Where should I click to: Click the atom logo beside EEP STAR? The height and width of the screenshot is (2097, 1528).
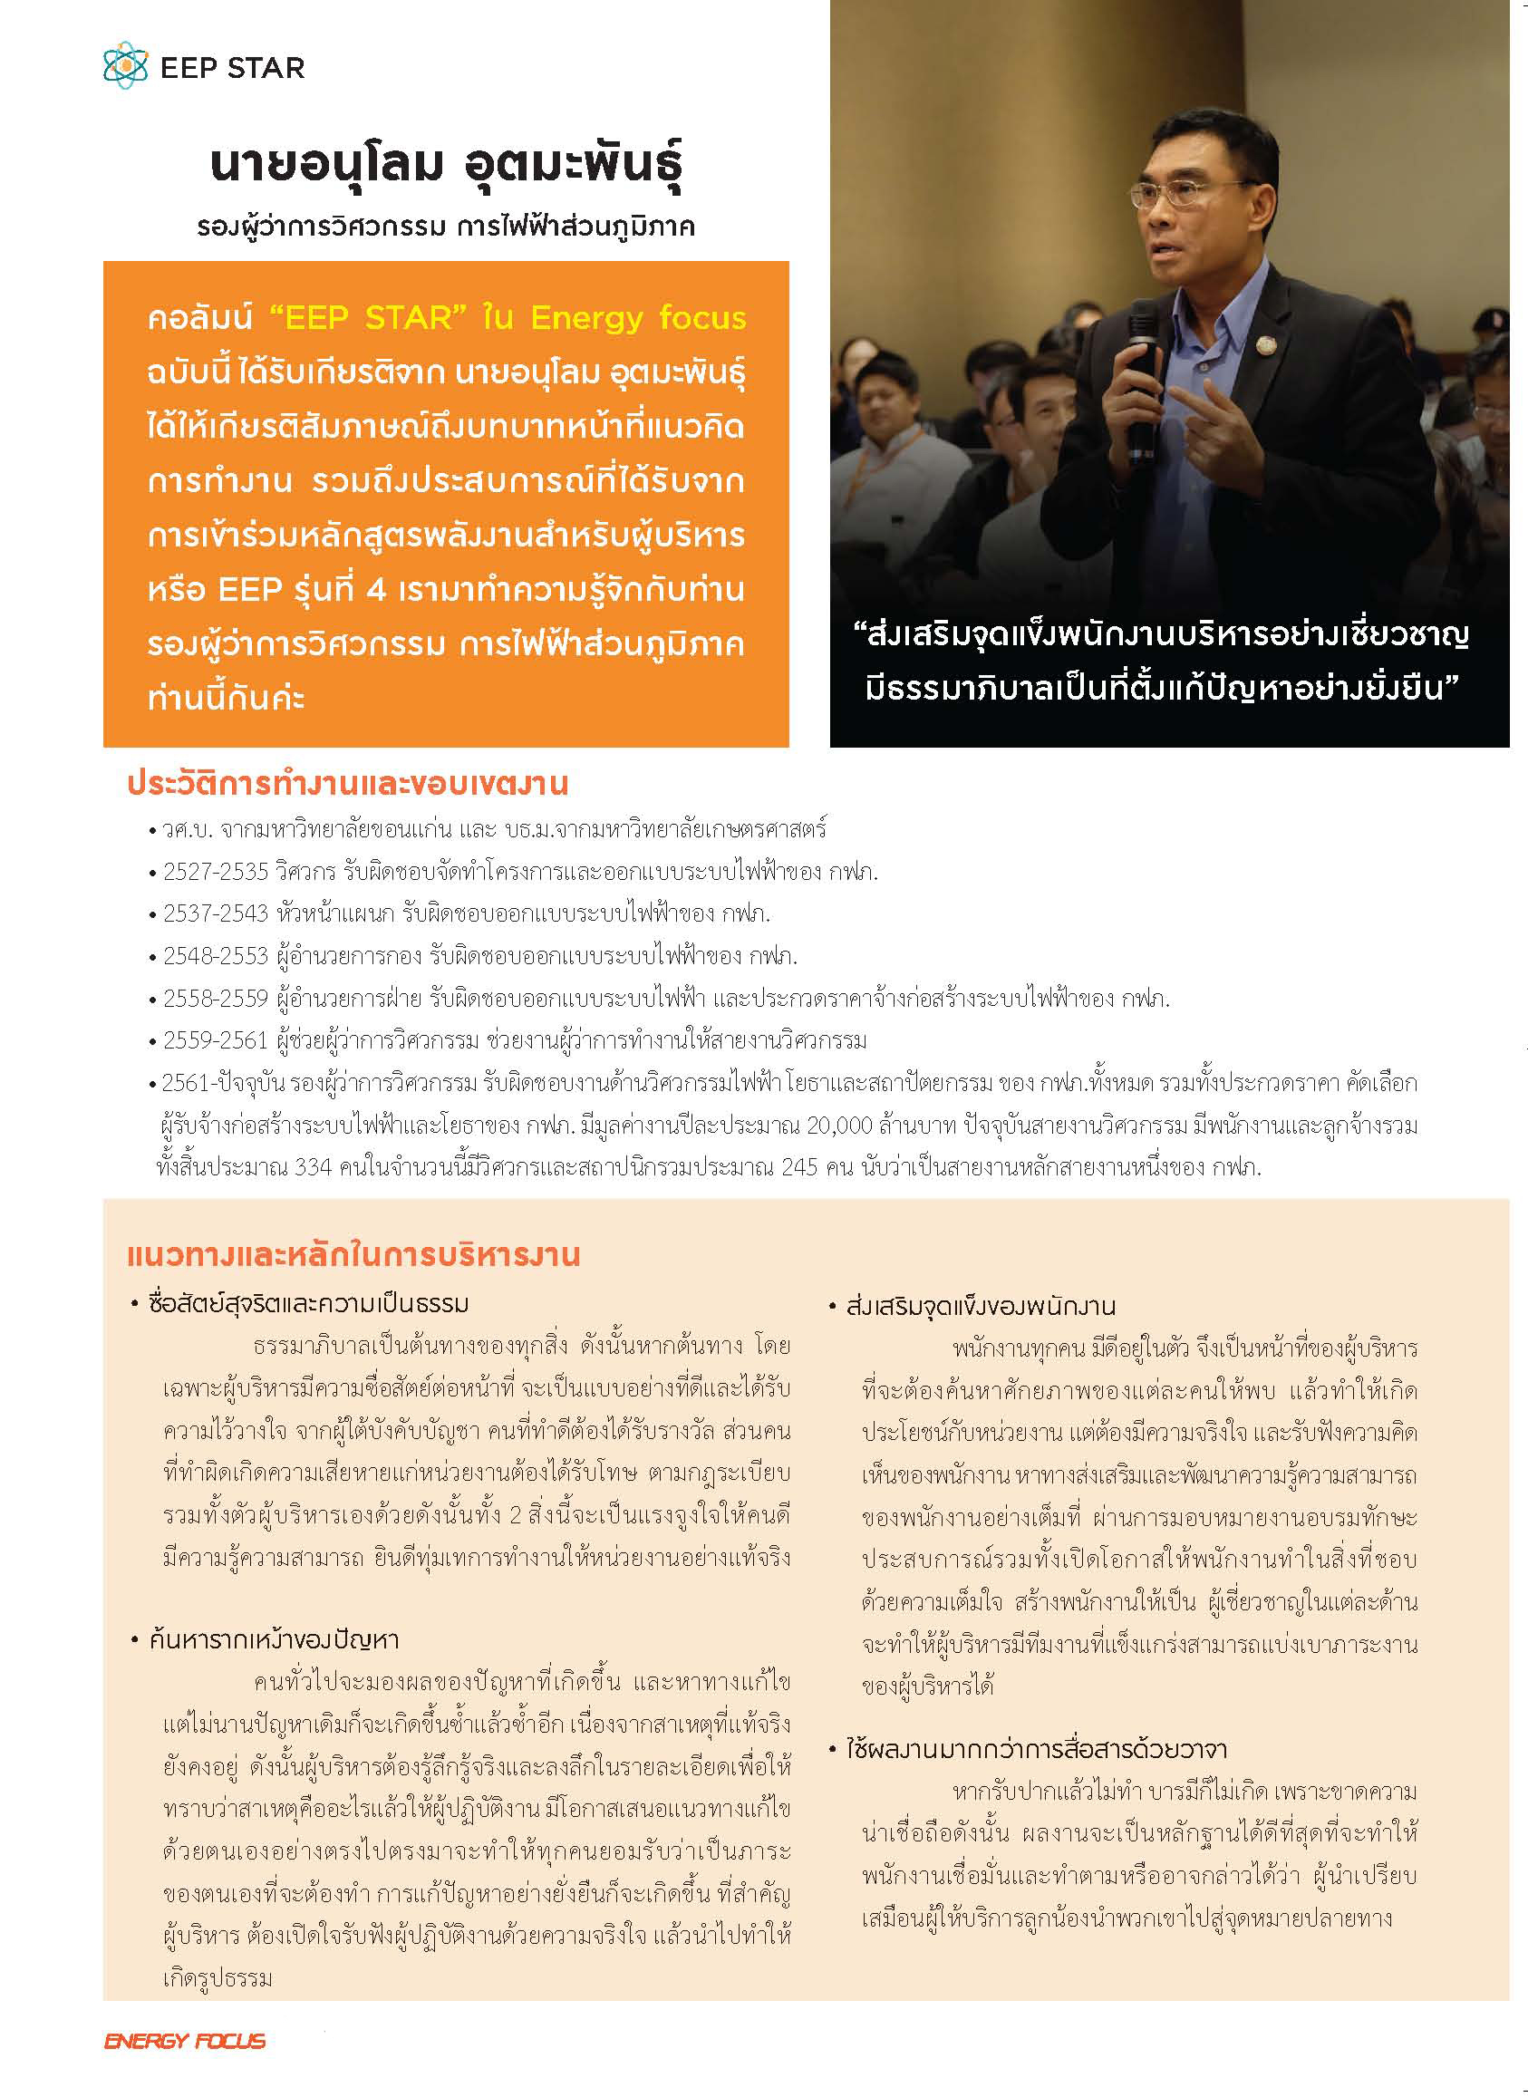[x=126, y=66]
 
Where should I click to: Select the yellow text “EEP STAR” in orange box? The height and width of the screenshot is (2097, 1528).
[x=361, y=318]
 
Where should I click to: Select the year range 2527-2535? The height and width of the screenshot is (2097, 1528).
[x=216, y=871]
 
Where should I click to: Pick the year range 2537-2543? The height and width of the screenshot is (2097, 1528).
[x=216, y=913]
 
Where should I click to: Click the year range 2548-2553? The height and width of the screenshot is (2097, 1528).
[x=216, y=955]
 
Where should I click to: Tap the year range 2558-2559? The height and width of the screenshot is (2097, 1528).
[x=216, y=999]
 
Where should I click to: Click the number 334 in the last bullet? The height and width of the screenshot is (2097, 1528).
[x=313, y=1167]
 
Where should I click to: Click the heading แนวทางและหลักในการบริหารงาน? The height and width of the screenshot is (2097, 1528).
[x=353, y=1255]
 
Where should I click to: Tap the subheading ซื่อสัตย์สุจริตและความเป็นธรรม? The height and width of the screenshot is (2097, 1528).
[x=309, y=1304]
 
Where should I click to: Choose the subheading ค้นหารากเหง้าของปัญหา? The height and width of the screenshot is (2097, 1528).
[x=274, y=1640]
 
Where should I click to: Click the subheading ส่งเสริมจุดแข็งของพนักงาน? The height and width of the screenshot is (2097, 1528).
[x=982, y=1307]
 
